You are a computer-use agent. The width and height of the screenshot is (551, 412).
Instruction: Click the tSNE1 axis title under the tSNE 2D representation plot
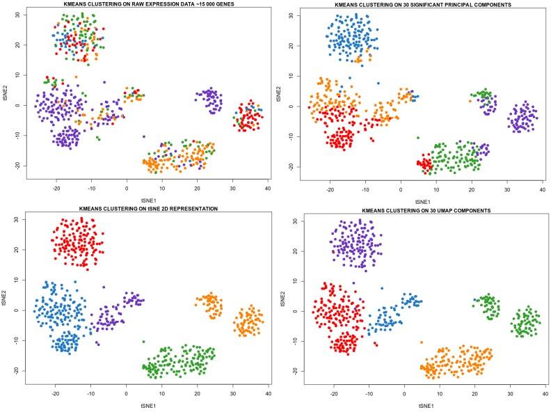pyautogui.click(x=145, y=406)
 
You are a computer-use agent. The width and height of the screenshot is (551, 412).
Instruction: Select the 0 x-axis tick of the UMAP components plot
pyautogui.click(x=404, y=395)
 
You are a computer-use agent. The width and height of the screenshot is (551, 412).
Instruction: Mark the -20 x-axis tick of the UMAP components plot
pyautogui.click(x=334, y=395)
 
